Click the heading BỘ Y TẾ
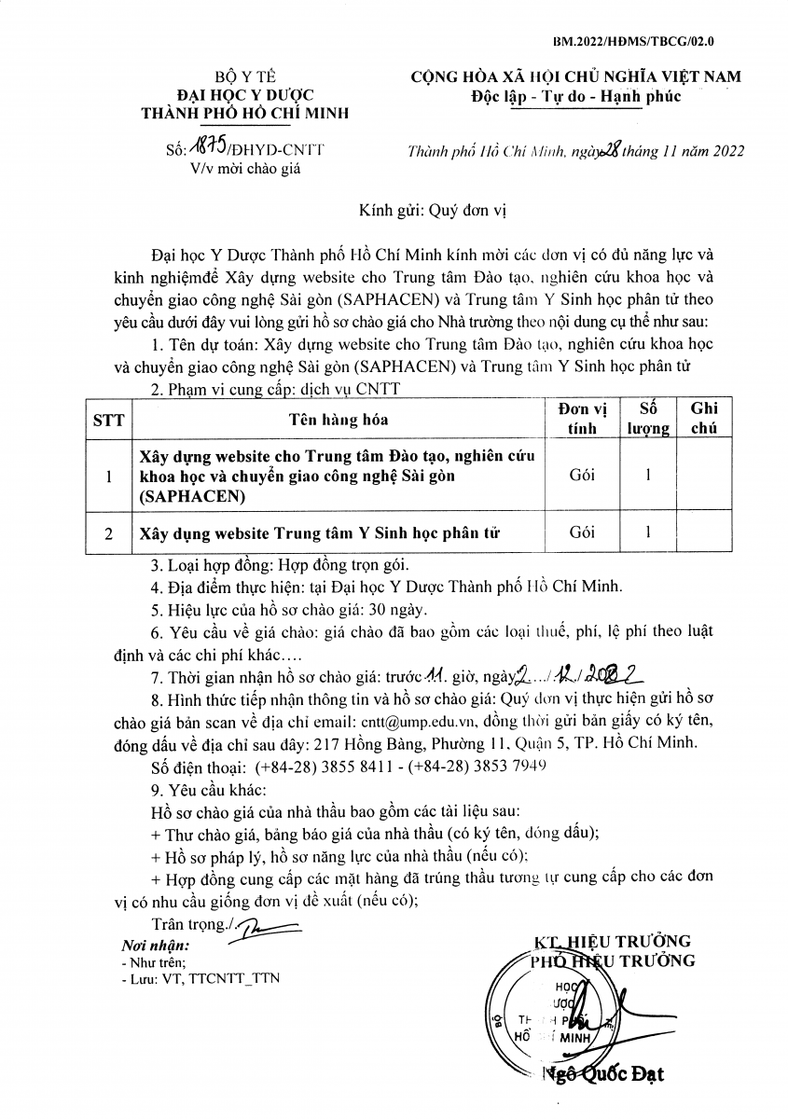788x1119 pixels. [x=244, y=77]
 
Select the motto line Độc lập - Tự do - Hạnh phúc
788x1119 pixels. [x=576, y=96]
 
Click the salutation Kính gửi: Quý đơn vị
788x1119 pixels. [x=432, y=211]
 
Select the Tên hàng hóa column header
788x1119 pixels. [x=338, y=421]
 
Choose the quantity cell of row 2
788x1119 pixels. [x=647, y=532]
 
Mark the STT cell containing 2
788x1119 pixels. [x=109, y=533]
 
